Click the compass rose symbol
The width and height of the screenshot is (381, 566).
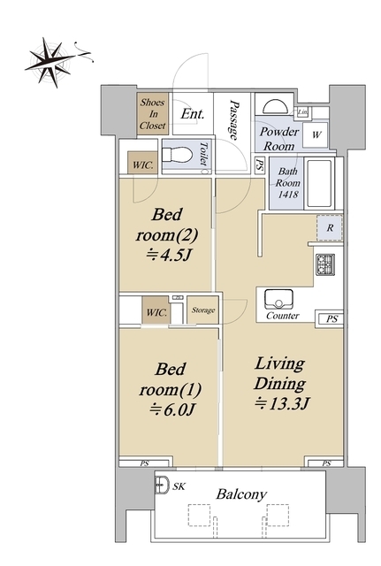(54, 61)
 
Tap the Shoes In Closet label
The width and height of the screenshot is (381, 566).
(153, 114)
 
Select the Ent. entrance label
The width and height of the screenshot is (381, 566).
(193, 114)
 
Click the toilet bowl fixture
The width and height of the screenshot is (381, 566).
(177, 156)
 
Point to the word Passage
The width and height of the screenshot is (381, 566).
(234, 120)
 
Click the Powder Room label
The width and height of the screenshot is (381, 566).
(278, 139)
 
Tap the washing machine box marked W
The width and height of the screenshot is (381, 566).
(316, 135)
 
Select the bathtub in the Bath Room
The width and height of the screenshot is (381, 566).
(318, 183)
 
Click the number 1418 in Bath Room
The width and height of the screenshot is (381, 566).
(288, 195)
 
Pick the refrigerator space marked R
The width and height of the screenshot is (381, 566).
(330, 228)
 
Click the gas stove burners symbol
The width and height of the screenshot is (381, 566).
(325, 264)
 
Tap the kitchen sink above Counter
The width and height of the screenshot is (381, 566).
(278, 299)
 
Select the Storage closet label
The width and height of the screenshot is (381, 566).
(203, 310)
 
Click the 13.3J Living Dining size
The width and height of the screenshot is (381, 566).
(283, 403)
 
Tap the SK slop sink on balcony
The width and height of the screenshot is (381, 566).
(162, 485)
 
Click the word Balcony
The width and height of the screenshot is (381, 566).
(241, 493)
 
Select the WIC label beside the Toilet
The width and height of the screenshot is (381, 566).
(142, 165)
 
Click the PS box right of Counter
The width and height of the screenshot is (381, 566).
(331, 319)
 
